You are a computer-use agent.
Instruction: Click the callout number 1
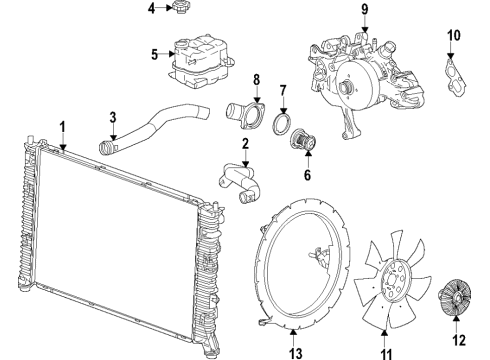click(62, 127)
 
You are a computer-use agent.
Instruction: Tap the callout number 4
click(152, 9)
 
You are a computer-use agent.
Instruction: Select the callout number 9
click(365, 11)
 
